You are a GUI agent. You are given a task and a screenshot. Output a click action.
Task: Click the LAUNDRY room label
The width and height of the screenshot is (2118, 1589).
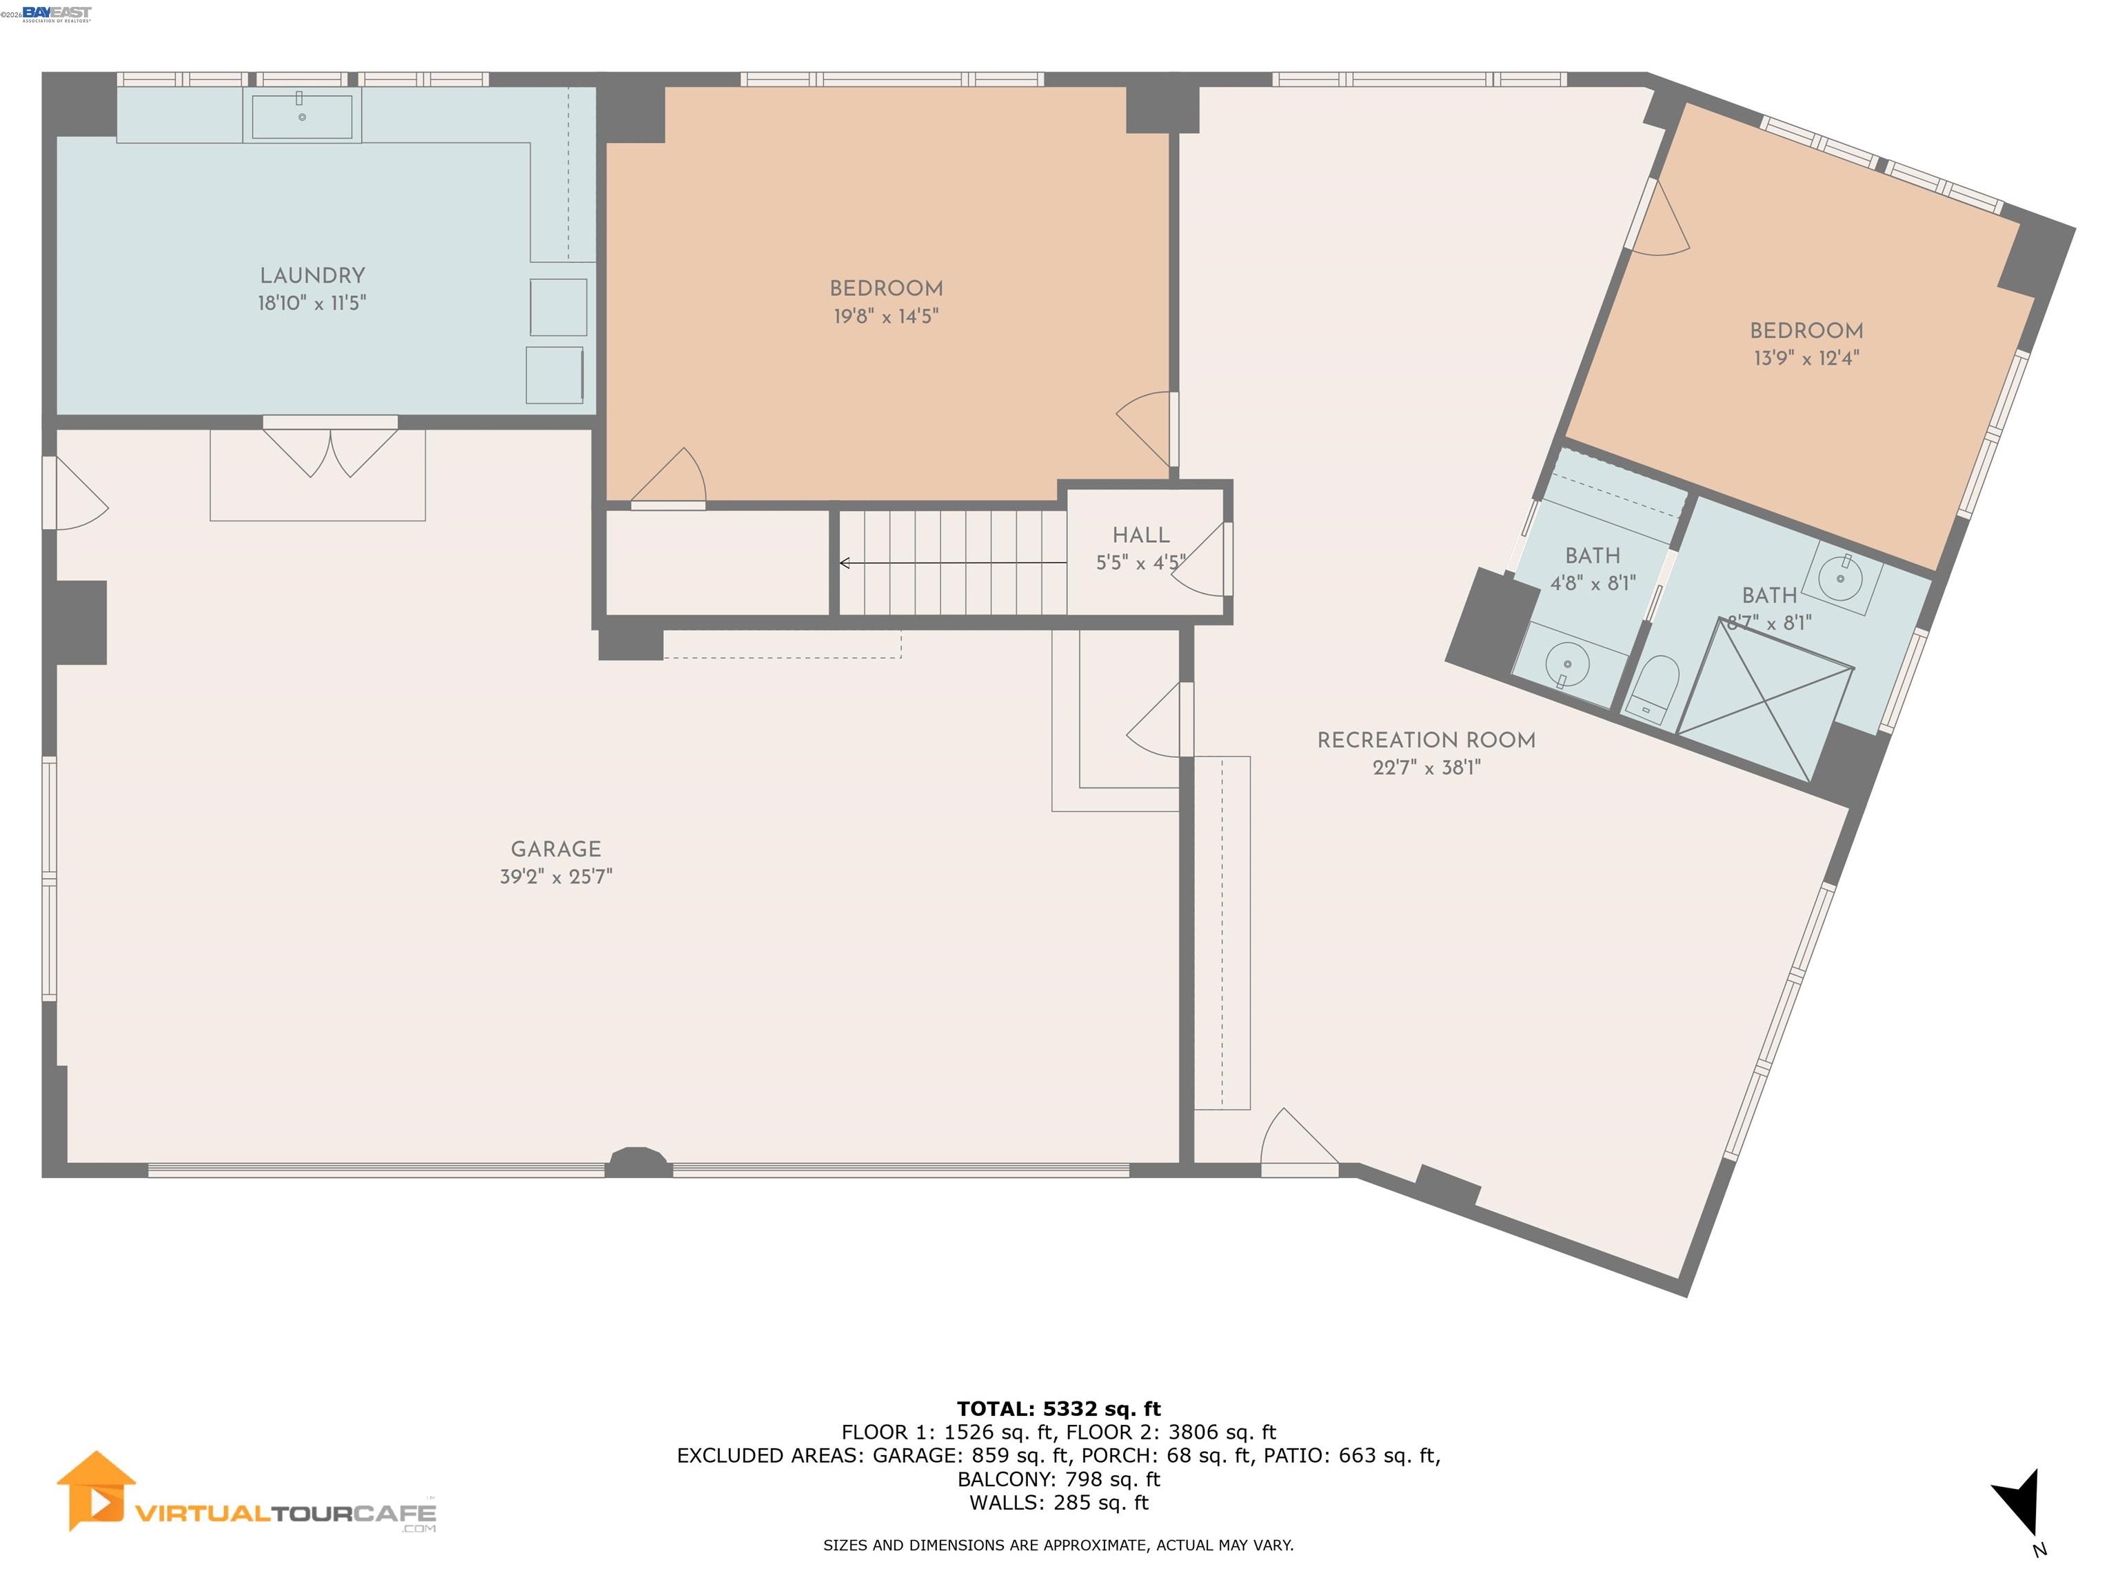click(312, 276)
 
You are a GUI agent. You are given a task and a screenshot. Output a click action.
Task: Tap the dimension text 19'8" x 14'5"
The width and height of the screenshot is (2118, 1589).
click(886, 316)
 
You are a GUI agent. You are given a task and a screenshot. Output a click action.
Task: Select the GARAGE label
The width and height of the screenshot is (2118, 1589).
click(555, 848)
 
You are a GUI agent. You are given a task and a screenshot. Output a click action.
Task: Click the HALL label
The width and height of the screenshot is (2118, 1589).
click(1140, 535)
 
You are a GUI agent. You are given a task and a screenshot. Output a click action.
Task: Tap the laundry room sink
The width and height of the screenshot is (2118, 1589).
click(301, 116)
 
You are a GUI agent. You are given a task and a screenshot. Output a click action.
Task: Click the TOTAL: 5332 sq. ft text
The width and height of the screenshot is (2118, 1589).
click(1058, 1409)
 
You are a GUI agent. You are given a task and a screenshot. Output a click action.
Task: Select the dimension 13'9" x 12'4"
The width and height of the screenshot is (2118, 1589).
click(1806, 358)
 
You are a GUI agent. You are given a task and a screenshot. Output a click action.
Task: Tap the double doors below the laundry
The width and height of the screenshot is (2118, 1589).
click(330, 450)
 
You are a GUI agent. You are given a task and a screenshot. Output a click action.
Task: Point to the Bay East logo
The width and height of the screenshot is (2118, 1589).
click(57, 13)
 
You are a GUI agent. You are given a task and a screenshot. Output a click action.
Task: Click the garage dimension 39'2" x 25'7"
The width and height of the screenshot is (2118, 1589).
click(555, 877)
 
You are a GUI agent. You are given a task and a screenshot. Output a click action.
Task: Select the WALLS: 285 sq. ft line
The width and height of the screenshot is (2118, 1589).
click(1058, 1503)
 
